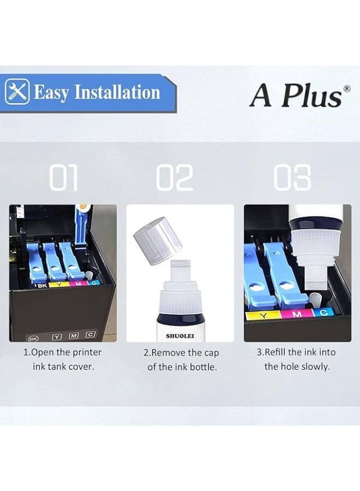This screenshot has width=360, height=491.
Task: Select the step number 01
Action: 64,178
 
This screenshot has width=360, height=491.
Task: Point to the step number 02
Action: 175,178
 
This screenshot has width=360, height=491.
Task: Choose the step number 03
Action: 292,178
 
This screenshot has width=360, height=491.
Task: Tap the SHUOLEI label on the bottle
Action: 179,336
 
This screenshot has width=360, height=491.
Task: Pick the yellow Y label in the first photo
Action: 57,285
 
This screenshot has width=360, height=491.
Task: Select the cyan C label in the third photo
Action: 323,312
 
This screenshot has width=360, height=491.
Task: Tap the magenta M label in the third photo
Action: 298,314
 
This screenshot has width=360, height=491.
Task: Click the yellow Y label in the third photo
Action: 265,315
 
